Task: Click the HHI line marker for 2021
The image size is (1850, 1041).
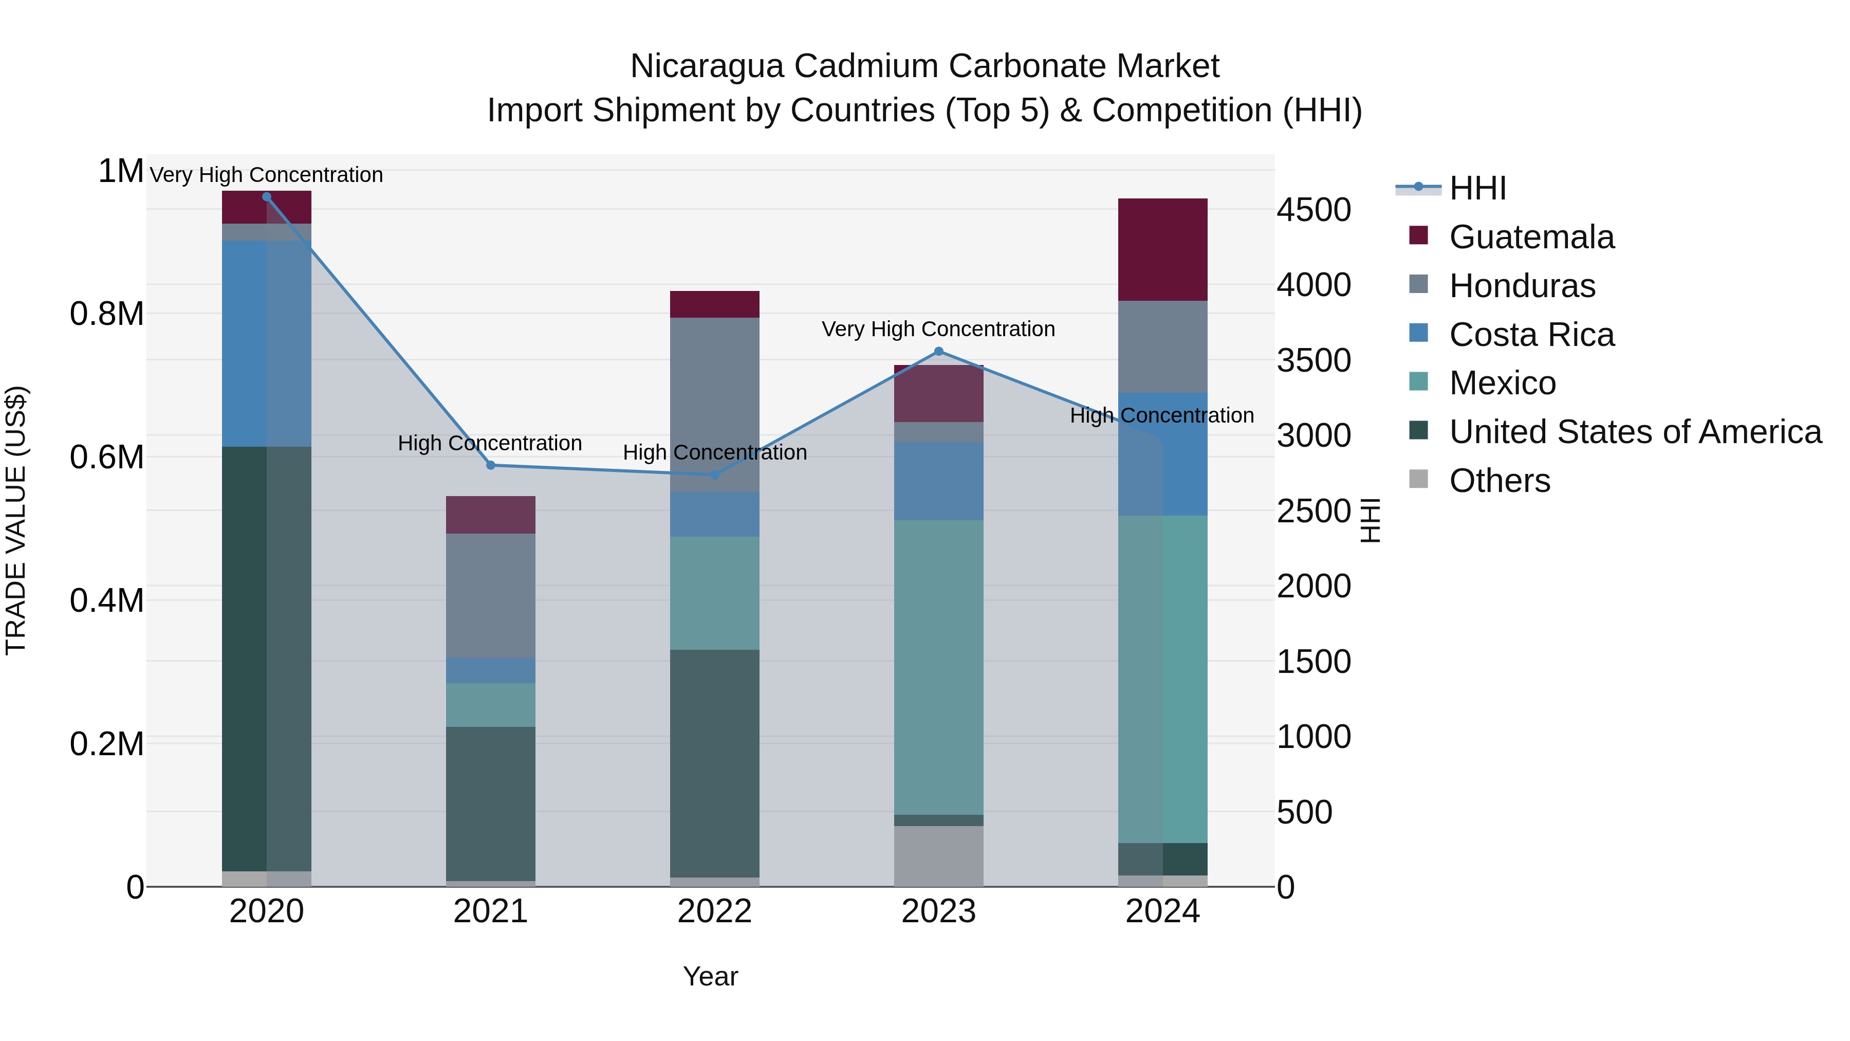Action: pos(491,465)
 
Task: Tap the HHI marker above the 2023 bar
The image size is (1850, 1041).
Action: pos(938,351)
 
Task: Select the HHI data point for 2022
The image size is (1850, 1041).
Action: pos(715,474)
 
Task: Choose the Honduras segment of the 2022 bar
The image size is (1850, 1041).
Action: pos(715,405)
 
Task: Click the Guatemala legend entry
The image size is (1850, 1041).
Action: pos(1531,237)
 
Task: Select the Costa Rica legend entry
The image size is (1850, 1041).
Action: pos(1531,335)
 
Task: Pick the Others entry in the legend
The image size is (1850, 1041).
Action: pos(1499,481)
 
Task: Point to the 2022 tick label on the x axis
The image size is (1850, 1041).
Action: pos(715,911)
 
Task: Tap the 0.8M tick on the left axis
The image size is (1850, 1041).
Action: pos(107,314)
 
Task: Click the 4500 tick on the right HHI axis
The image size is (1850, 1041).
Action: pos(1313,210)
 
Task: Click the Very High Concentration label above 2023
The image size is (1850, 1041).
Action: pos(938,329)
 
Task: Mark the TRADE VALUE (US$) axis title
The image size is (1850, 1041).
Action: pos(16,520)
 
